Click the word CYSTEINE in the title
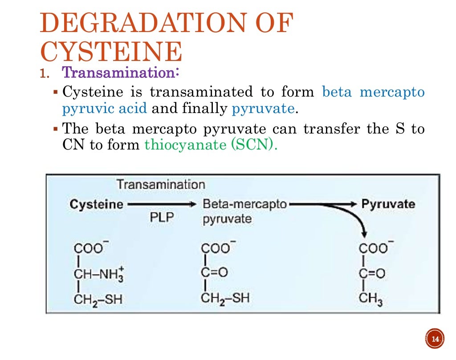click(x=111, y=53)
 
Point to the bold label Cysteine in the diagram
click(x=96, y=204)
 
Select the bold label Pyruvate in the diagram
click(x=388, y=204)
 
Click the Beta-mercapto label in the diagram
click(x=244, y=204)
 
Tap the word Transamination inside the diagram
click(x=161, y=185)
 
